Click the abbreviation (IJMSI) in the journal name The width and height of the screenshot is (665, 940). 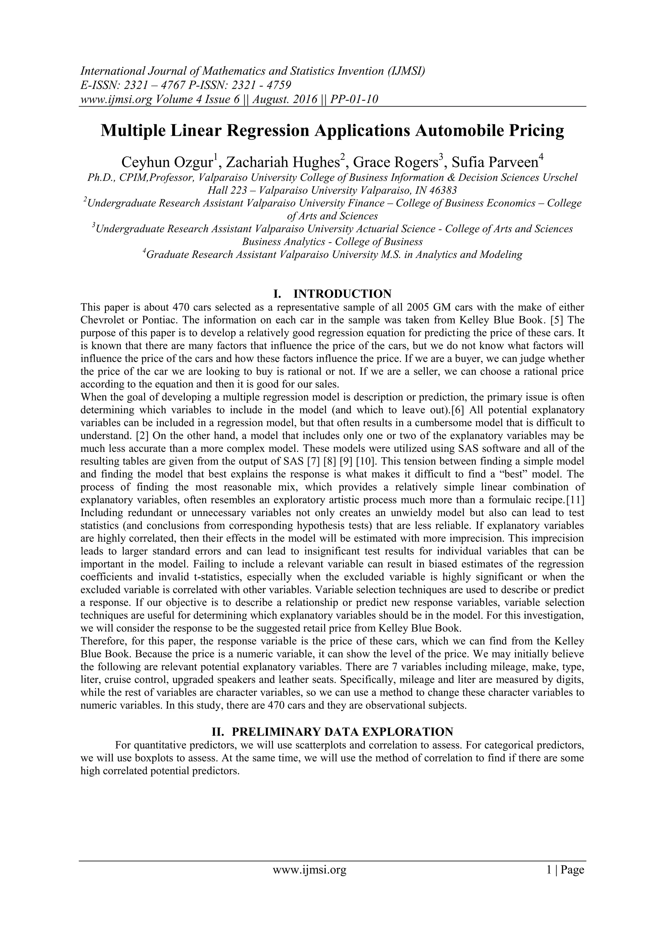[x=406, y=71]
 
